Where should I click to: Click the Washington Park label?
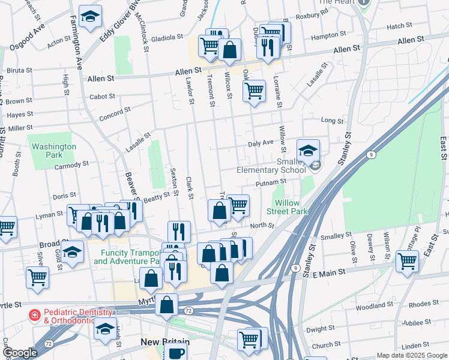pos(54,150)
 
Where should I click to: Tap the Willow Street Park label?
pos(287,207)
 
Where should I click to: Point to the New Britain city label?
pos(165,342)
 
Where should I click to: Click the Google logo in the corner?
pos(20,353)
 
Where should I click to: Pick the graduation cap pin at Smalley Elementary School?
pos(308,151)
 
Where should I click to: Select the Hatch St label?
pos(397,26)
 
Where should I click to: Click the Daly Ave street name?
pos(261,143)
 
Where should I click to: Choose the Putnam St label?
pos(270,182)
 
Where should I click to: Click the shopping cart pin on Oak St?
pos(254,91)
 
